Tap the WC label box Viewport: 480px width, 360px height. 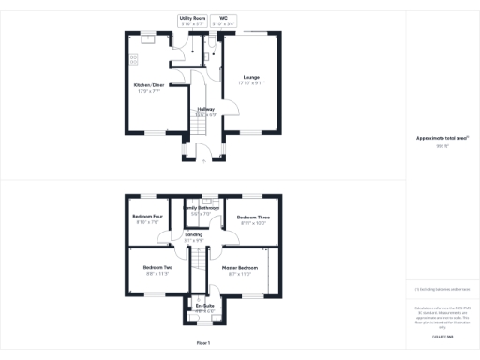[x=223, y=17]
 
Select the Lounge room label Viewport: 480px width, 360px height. [x=251, y=77]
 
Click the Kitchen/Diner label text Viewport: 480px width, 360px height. [x=149, y=86]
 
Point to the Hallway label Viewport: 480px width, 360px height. [x=206, y=109]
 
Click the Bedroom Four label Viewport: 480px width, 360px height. [x=145, y=217]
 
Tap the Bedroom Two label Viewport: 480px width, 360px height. [x=157, y=268]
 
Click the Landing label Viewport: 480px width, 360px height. [x=194, y=234]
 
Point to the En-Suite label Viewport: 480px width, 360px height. [x=204, y=306]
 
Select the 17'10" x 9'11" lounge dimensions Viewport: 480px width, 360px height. [x=251, y=83]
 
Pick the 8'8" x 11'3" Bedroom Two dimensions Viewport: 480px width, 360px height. [x=157, y=275]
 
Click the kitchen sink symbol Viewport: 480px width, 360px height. [x=147, y=38]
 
